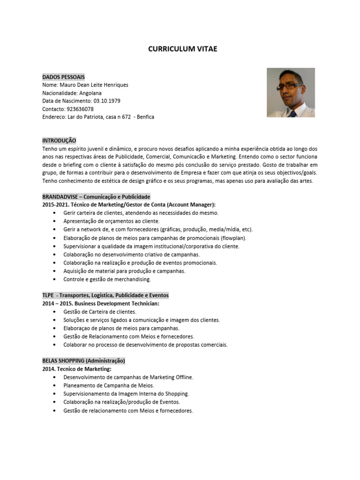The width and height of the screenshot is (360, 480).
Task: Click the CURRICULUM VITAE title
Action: (183, 49)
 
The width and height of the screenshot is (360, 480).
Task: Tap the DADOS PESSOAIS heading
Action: (63, 76)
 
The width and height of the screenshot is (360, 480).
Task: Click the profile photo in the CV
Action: (291, 92)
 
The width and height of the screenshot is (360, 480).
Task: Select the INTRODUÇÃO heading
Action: (59, 140)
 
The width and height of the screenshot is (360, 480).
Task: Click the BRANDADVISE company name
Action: (61, 196)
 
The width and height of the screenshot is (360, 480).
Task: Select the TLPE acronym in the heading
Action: (48, 295)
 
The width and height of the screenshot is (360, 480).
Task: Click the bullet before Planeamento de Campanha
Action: (55, 385)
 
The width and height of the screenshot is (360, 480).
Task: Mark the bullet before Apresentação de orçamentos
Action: (55, 221)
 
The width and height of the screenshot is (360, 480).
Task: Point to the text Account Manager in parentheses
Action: (191, 204)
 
